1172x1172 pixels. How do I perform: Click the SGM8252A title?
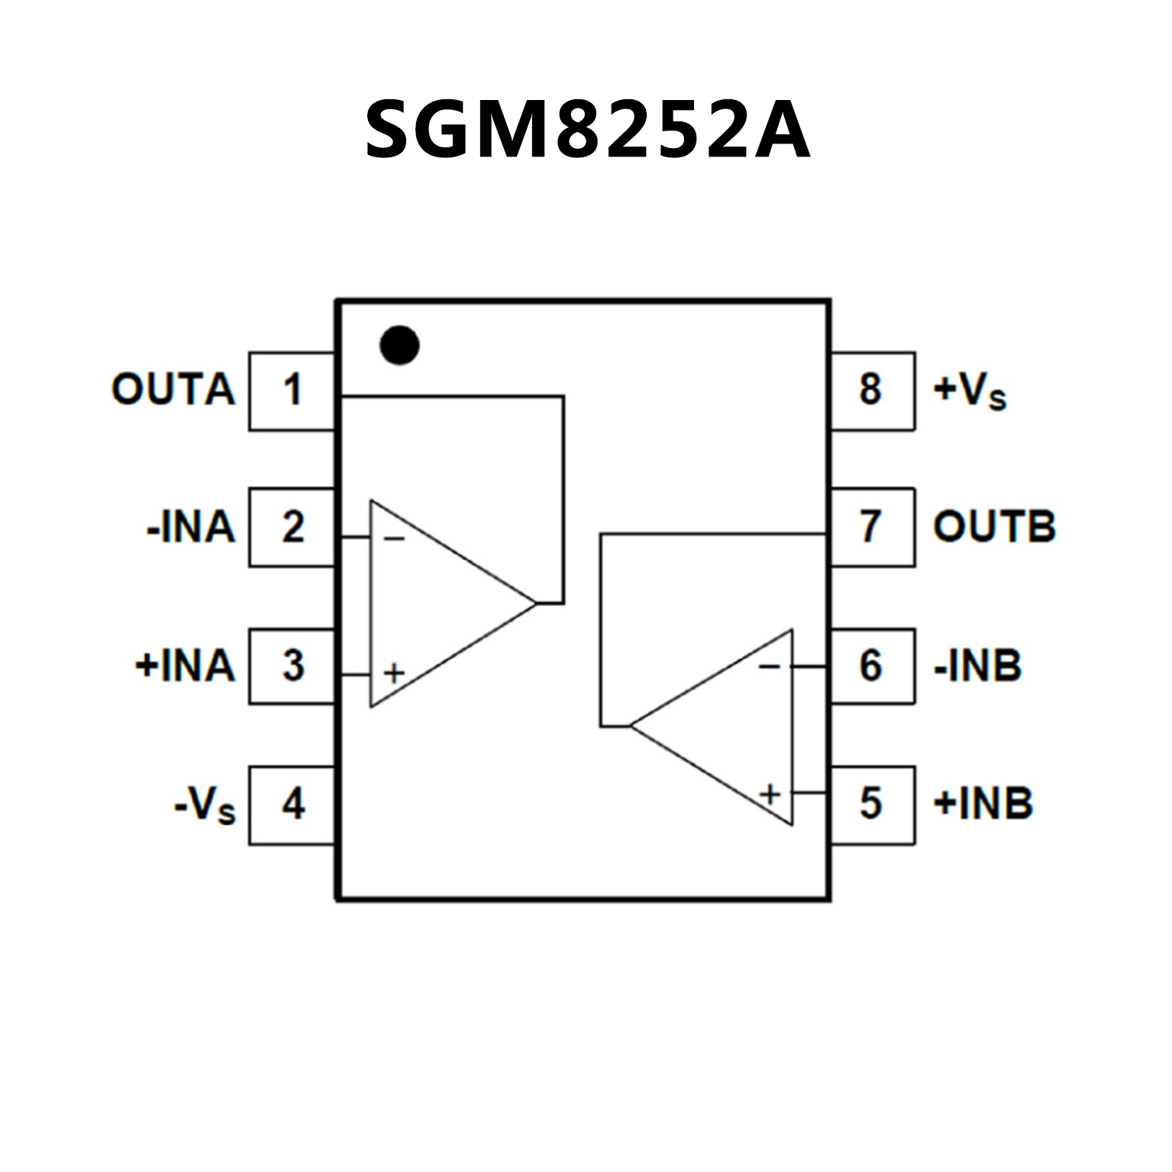click(586, 130)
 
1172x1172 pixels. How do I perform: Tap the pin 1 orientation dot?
click(399, 344)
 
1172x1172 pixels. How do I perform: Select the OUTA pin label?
click(173, 389)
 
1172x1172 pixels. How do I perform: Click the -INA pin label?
click(191, 528)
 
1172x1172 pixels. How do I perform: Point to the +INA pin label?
click(185, 665)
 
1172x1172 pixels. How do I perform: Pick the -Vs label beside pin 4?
click(205, 805)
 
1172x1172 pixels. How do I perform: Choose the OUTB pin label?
click(994, 527)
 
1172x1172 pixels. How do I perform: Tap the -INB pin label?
click(977, 666)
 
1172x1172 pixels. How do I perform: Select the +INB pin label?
click(983, 803)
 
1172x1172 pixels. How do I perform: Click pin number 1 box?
click(292, 391)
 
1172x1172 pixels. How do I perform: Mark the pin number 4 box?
click(292, 805)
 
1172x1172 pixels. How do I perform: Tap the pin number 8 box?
click(872, 390)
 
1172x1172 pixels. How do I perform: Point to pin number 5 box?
click(872, 804)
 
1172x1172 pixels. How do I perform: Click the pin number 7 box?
click(872, 527)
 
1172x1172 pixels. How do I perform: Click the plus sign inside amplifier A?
click(394, 673)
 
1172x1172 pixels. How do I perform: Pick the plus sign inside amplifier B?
click(770, 794)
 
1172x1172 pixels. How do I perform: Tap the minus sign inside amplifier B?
click(770, 667)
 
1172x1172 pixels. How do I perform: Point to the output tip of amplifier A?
click(537, 603)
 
